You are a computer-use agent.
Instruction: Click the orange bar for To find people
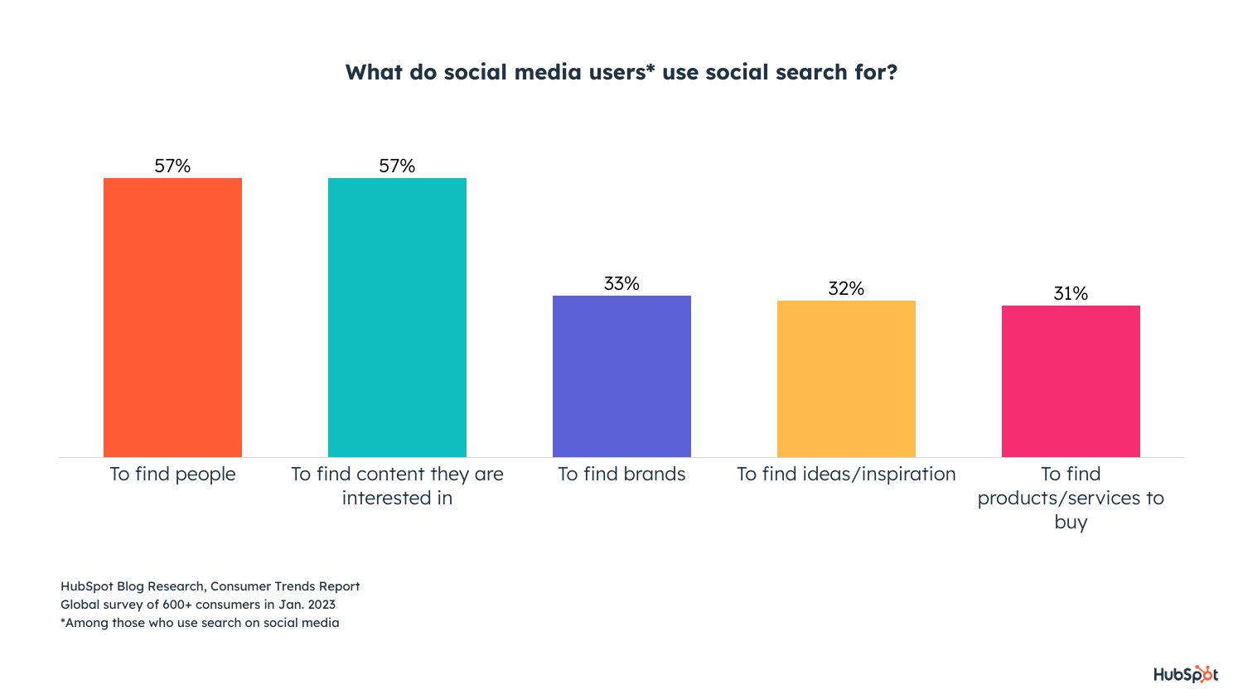click(172, 317)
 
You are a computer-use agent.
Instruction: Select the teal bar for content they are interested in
click(397, 317)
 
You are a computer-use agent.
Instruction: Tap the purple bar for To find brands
click(621, 376)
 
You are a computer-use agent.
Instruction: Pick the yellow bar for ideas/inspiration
click(846, 378)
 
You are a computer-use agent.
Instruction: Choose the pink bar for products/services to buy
click(1071, 381)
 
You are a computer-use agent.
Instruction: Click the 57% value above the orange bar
click(172, 166)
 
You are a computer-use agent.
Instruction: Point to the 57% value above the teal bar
click(397, 166)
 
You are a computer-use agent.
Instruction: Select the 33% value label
click(621, 283)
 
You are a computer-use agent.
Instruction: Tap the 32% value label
click(846, 288)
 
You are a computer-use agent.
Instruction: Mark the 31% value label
click(1071, 293)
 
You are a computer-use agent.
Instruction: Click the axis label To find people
click(172, 474)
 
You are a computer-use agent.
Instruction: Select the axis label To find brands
click(621, 474)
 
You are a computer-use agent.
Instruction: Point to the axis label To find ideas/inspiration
click(846, 474)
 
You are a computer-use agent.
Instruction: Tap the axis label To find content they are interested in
click(397, 485)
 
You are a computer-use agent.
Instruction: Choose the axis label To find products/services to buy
click(1071, 497)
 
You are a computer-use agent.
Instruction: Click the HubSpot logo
click(1186, 674)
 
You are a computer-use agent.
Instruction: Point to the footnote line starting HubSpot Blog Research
click(210, 586)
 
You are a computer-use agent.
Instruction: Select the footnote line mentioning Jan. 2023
click(198, 605)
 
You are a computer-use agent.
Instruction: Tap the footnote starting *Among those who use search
click(200, 623)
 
